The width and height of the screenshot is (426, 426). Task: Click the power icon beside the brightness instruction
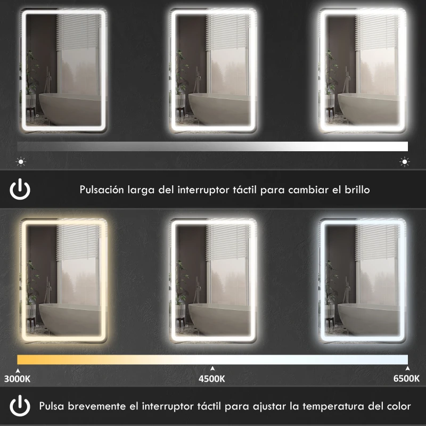(20, 189)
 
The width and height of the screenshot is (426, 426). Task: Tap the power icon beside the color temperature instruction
(20, 406)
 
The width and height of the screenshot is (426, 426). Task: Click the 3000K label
(17, 379)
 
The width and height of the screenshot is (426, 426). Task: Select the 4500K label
(212, 379)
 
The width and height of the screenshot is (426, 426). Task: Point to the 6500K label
(406, 379)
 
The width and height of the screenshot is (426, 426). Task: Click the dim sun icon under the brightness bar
(21, 161)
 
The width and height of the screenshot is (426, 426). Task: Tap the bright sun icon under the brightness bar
(405, 161)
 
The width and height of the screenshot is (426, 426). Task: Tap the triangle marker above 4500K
(212, 368)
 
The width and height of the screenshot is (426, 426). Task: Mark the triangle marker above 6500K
(407, 368)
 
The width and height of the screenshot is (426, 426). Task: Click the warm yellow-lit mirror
(63, 283)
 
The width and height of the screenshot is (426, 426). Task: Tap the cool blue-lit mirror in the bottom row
(362, 283)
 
